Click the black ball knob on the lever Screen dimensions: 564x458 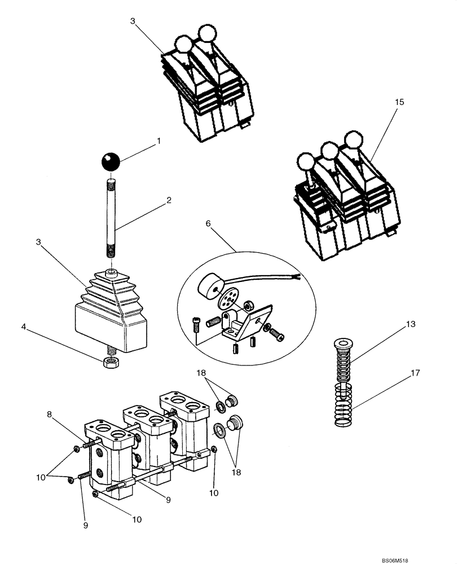point(112,162)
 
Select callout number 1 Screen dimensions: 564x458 point(158,141)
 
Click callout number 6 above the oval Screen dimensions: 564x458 point(208,223)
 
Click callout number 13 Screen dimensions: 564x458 point(410,325)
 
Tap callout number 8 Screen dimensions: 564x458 point(50,415)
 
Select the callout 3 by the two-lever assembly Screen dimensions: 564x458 point(133,21)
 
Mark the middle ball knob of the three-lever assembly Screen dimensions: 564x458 point(328,151)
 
